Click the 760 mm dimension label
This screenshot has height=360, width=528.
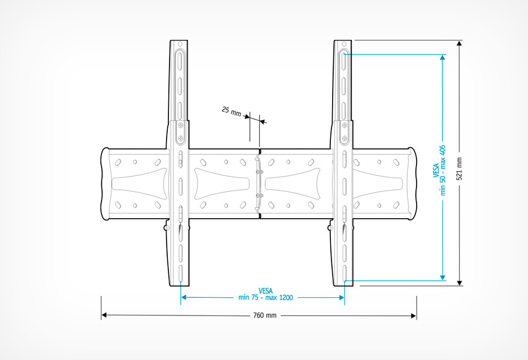click(x=265, y=315)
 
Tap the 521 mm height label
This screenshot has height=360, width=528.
click(x=459, y=169)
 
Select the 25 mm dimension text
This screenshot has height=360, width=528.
click(x=231, y=111)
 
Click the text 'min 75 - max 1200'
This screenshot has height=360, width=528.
click(x=266, y=297)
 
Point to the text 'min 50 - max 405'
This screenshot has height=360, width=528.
click(x=442, y=170)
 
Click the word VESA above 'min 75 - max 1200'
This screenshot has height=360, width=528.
click(x=266, y=290)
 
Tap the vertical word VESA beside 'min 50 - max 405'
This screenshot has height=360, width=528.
click(x=436, y=170)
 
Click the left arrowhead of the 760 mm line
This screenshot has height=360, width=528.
click(x=104, y=315)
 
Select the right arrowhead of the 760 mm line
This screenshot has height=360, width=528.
click(x=414, y=315)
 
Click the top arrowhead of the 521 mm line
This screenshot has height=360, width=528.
click(x=459, y=43)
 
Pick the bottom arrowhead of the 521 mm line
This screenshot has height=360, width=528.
click(x=459, y=283)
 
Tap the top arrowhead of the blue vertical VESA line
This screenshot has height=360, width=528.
click(x=442, y=57)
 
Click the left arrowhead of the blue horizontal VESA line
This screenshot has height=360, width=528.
click(x=184, y=297)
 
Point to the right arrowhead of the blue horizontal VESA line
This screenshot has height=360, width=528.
click(x=342, y=297)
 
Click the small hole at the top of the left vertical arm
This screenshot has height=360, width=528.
click(x=180, y=44)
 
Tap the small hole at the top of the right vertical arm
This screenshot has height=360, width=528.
click(x=344, y=44)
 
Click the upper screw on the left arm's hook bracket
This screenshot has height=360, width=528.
click(x=181, y=126)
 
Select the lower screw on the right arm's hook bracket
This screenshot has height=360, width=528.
click(x=344, y=138)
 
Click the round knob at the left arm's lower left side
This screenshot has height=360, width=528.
click(x=167, y=227)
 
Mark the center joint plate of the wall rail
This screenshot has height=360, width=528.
click(x=259, y=184)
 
